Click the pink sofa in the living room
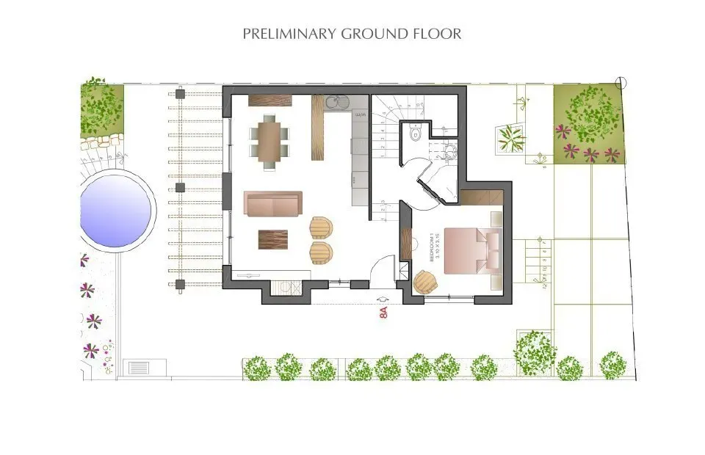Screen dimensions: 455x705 point(272,204)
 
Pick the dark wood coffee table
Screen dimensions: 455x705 point(273,240)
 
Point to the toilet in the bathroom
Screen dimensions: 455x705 point(414,134)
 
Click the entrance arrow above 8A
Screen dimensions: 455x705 point(383,299)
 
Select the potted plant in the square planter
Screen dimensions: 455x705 point(511,136)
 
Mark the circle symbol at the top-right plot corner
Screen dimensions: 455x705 point(622,82)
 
